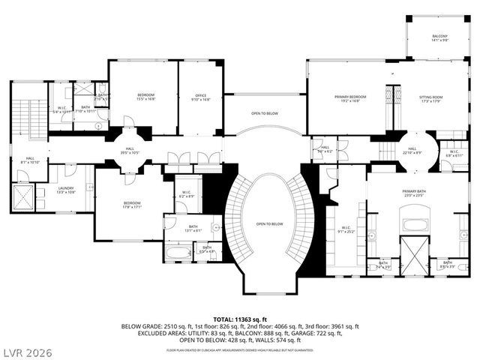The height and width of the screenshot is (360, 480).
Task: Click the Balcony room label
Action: tap(439, 38)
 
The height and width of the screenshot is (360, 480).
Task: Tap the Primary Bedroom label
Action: tap(350, 98)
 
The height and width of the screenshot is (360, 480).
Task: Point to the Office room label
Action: tap(201, 97)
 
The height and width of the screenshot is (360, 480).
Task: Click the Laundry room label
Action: tap(67, 190)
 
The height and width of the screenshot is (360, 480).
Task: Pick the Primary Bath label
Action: tap(415, 193)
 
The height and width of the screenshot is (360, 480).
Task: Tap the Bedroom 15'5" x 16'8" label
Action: tap(145, 97)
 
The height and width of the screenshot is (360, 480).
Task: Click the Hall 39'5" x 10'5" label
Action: tap(130, 151)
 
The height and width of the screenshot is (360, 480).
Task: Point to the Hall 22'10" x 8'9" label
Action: tap(412, 151)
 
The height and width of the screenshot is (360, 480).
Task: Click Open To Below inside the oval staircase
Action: tap(269, 224)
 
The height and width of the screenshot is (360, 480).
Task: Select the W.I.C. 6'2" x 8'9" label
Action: tap(186, 196)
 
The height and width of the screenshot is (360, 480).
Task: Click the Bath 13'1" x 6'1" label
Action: tap(193, 229)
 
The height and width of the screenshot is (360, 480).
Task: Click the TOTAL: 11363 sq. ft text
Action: tap(240, 320)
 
